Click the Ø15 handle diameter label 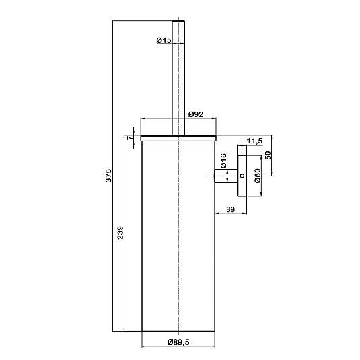pyautogui.click(x=164, y=40)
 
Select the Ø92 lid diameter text pyautogui.click(x=196, y=114)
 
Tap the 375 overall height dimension pyautogui.click(x=108, y=176)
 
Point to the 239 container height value pyautogui.click(x=120, y=233)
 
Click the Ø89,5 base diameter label pyautogui.click(x=178, y=342)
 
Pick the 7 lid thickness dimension pyautogui.click(x=130, y=138)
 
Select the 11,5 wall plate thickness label pyautogui.click(x=254, y=141)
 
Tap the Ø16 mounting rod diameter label pyautogui.click(x=223, y=161)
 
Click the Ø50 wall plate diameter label pyautogui.click(x=258, y=176)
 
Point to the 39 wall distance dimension pyautogui.click(x=231, y=209)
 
